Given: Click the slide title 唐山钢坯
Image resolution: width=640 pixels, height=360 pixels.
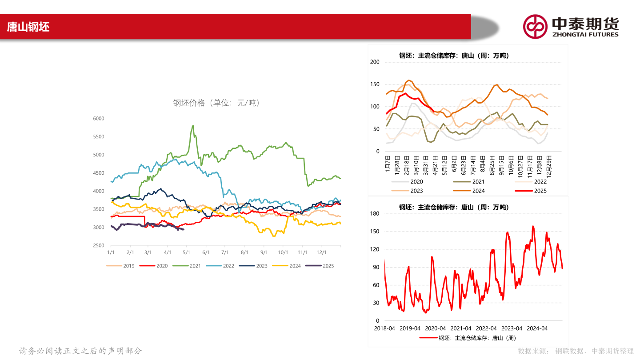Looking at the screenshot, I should point(28,27).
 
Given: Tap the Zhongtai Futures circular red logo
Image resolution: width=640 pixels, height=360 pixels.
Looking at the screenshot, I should point(535,27).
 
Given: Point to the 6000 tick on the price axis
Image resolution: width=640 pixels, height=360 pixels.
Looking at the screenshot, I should point(99,118).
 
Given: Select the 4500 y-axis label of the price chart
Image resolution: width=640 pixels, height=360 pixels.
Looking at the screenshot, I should point(99,173).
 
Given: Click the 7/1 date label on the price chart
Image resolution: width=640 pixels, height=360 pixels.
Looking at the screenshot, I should point(225,252).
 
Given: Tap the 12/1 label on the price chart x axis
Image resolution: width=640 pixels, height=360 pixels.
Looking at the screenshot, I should point(322,252).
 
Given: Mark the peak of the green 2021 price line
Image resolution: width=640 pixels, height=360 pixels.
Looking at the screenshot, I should point(193,125).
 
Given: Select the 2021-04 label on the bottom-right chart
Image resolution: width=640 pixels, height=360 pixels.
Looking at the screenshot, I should point(461,328).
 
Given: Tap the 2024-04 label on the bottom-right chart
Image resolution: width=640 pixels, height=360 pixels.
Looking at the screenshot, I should point(537,328).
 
